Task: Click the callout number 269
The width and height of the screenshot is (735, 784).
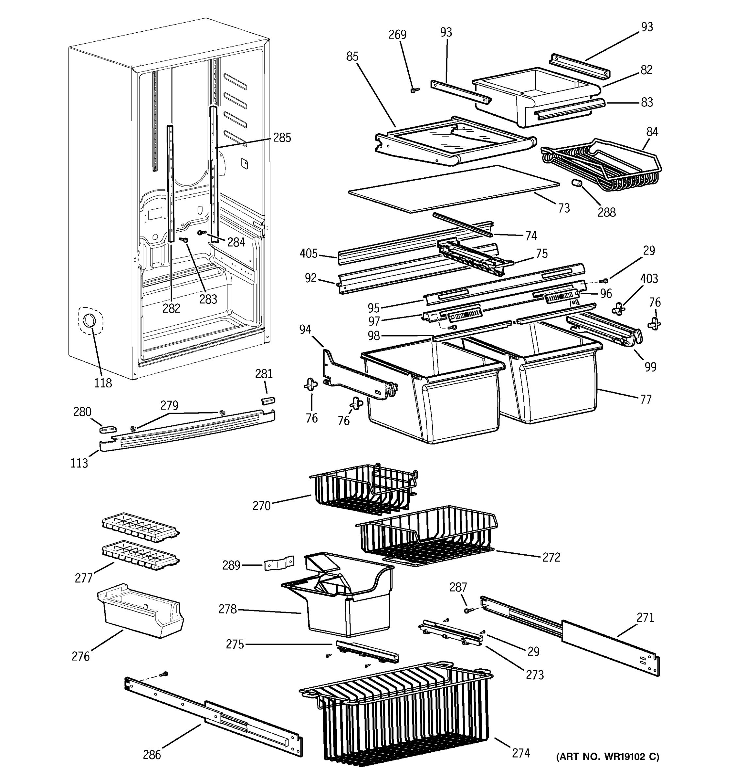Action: [x=397, y=35]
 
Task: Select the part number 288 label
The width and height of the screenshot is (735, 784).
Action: [x=606, y=213]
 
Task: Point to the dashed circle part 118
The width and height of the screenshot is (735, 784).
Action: [x=90, y=321]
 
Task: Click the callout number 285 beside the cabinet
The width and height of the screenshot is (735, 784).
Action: [x=282, y=138]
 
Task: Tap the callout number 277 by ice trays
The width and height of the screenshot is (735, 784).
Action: [x=84, y=578]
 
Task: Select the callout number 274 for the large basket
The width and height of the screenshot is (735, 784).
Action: [x=520, y=753]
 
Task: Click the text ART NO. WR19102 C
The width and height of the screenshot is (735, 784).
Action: [x=607, y=756]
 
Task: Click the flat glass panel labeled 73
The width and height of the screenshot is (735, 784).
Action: [x=453, y=189]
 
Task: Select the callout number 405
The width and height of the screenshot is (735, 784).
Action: [x=308, y=253]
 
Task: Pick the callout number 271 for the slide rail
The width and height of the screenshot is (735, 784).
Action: [x=645, y=618]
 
